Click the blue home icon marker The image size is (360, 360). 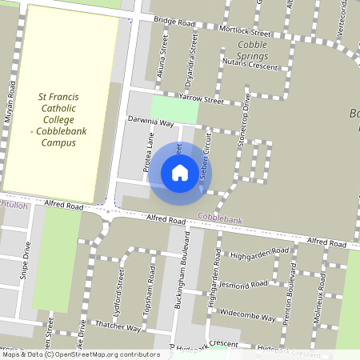point(180,173)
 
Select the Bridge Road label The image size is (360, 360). point(175,23)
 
